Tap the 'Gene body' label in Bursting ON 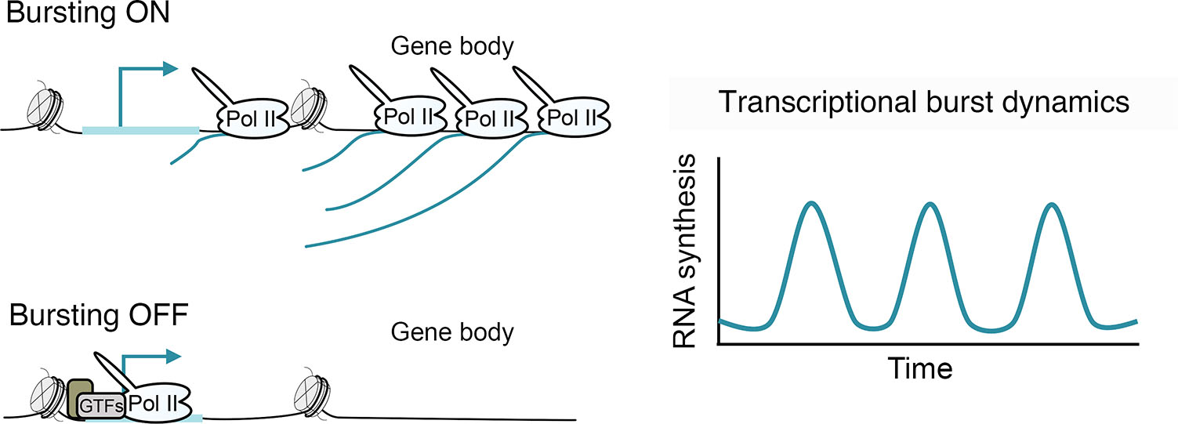[x=452, y=48]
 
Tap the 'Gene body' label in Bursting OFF [x=452, y=332]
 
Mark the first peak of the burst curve [x=812, y=205]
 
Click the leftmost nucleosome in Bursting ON [x=45, y=103]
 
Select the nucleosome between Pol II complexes [x=307, y=104]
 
